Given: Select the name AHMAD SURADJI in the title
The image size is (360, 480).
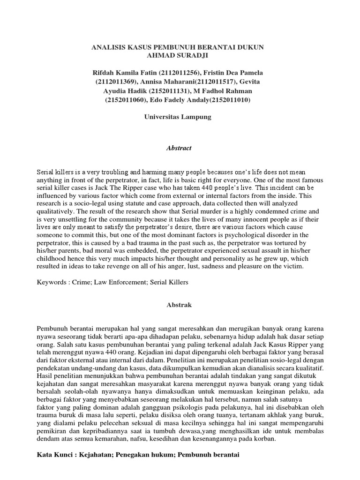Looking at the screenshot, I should pos(180,56).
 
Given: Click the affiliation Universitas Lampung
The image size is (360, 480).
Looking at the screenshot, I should pos(180,117).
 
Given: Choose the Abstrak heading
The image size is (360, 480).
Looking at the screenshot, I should pos(180,305).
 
